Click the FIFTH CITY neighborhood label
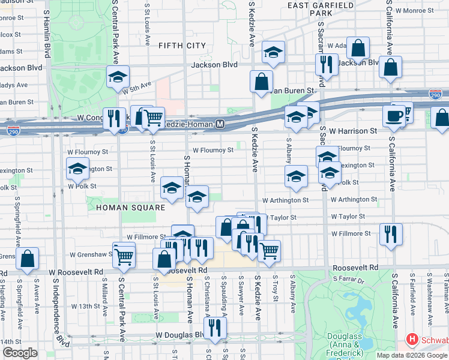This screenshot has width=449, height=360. tap(182, 46)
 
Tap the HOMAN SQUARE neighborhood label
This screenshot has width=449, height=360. tap(130, 208)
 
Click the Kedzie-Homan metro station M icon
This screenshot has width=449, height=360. tap(220, 124)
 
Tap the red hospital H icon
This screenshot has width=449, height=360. tap(412, 340)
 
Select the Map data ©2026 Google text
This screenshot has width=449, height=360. tap(411, 355)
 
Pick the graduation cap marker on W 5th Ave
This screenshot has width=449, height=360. tap(118, 76)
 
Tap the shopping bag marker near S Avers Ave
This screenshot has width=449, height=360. tap(28, 259)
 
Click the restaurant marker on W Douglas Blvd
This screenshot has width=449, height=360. tap(214, 327)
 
